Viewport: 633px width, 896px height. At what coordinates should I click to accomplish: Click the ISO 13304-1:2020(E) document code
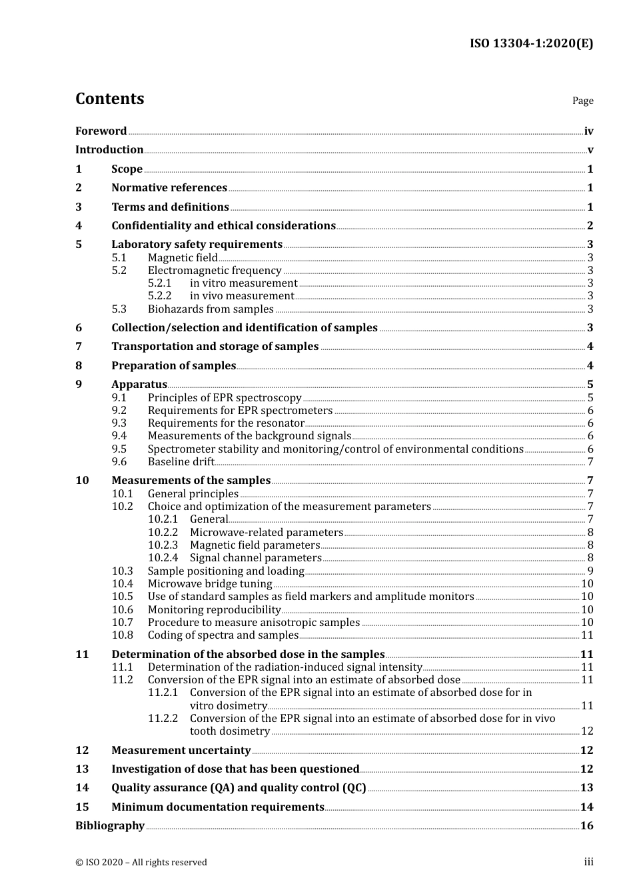[x=531, y=44]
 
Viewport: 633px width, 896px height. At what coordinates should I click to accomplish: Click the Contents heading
[x=109, y=99]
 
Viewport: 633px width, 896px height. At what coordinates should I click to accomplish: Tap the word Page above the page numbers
[x=582, y=101]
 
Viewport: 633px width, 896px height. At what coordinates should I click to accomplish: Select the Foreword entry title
[x=101, y=131]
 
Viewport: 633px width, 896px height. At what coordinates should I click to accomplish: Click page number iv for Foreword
[x=588, y=131]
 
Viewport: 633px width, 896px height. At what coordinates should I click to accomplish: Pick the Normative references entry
[x=169, y=188]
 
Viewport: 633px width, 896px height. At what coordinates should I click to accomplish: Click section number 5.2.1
[x=159, y=283]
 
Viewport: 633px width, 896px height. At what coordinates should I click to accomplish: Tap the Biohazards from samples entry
[x=211, y=309]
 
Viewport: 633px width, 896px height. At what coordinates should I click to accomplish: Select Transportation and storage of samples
[x=215, y=347]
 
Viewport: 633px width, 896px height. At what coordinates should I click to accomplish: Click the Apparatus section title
[x=139, y=385]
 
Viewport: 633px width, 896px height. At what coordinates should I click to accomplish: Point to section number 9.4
[x=119, y=436]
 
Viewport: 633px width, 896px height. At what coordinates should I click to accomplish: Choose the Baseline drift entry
[x=181, y=462]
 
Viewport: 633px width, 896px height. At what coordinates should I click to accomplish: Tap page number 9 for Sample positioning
[x=590, y=571]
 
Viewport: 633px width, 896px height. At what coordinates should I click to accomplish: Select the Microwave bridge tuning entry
[x=210, y=584]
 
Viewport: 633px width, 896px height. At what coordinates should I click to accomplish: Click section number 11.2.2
[x=163, y=719]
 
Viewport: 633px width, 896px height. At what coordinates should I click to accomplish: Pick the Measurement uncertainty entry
[x=181, y=751]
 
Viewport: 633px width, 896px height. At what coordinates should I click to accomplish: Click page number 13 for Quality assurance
[x=586, y=788]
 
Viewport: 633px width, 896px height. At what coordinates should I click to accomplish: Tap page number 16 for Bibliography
[x=586, y=826]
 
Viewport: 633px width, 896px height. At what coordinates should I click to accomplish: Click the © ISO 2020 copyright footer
[x=141, y=863]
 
